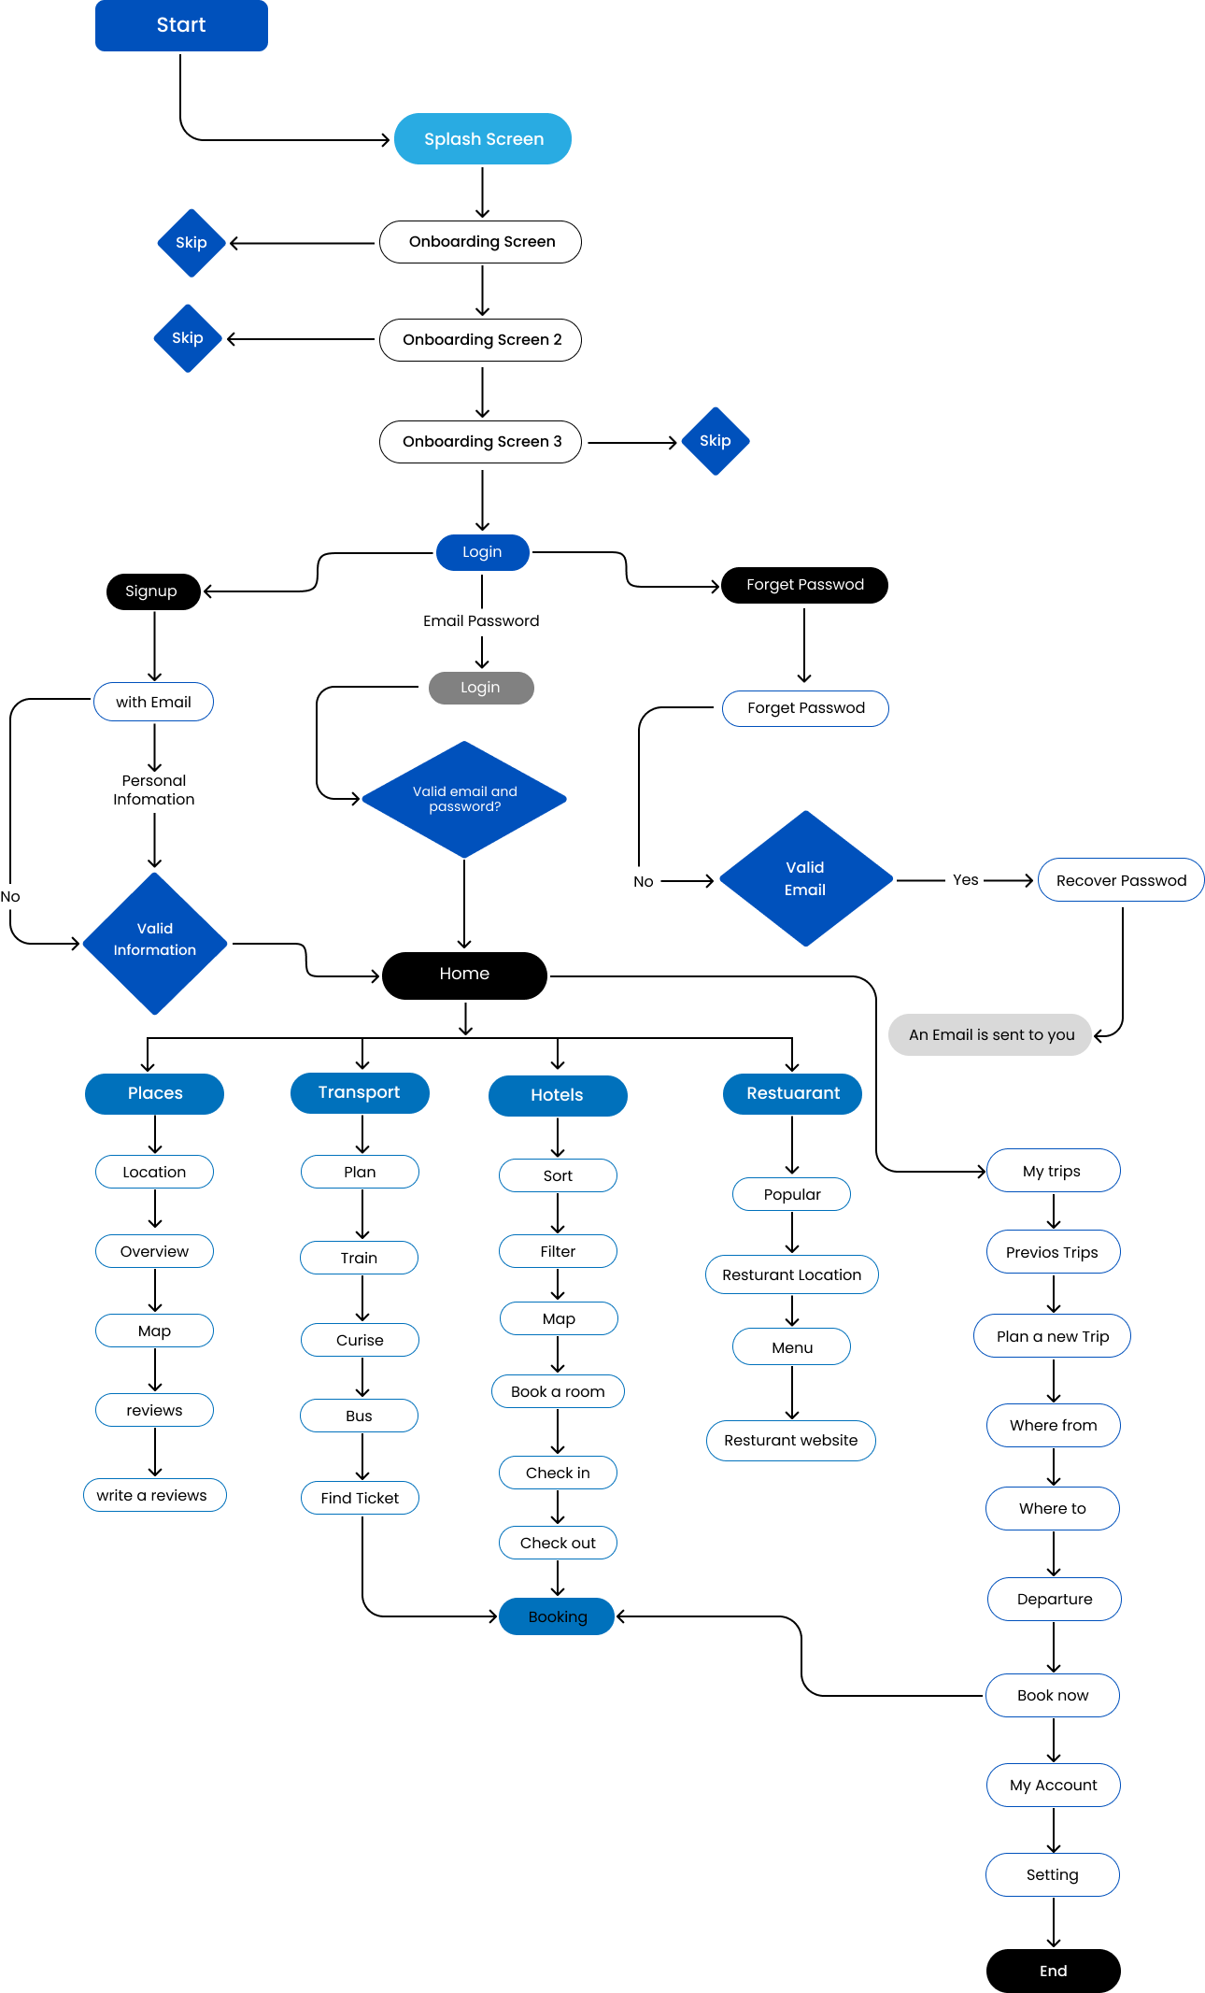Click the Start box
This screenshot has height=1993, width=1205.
pos(181,25)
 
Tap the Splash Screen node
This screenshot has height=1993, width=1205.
pos(483,139)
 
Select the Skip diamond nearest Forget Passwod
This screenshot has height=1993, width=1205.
pos(716,441)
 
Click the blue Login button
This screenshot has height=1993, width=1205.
pos(482,552)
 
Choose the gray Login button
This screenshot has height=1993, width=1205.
pos(481,688)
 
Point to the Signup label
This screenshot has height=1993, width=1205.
pos(151,591)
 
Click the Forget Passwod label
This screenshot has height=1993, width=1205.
pos(805,585)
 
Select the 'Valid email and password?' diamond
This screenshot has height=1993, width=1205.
pos(464,800)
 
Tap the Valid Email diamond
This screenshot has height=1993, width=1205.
pos(805,878)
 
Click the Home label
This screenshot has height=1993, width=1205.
pos(464,974)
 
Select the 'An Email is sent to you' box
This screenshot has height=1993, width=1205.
pos(990,1034)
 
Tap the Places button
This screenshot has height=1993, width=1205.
pos(155,1093)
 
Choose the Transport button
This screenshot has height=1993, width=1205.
pos(360,1092)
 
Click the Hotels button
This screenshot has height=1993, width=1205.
pos(558,1095)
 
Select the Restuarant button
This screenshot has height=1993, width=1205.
pos(792,1093)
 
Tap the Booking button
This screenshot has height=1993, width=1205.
pos(557,1616)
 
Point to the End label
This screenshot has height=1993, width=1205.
pos(1053,1971)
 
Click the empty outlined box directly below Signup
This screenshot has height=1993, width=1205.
pos(153,702)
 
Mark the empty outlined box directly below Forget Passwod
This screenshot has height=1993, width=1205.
pos(805,708)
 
